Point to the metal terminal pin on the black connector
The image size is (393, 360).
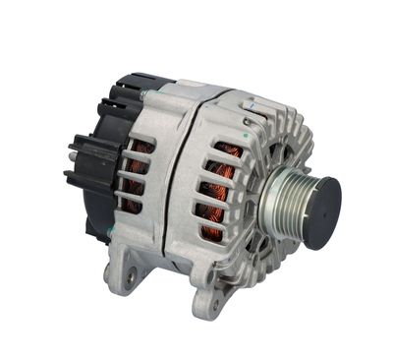coord(70,151)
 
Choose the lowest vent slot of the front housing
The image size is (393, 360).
coord(210,232)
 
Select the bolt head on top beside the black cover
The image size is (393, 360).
coord(143,93)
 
